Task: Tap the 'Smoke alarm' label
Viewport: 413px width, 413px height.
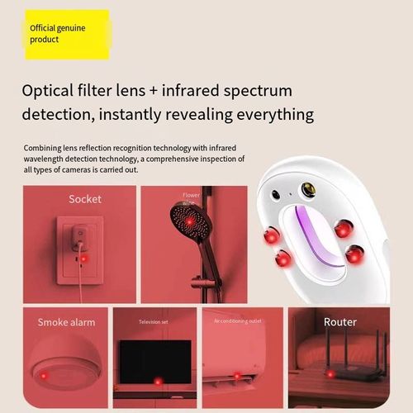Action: click(65, 322)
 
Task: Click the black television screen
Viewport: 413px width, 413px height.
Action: click(154, 361)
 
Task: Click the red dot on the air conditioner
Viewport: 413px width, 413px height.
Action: click(237, 377)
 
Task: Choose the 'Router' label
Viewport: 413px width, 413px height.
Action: click(339, 321)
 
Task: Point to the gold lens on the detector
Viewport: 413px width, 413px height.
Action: click(308, 190)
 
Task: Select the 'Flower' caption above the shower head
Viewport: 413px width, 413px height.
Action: click(191, 195)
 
